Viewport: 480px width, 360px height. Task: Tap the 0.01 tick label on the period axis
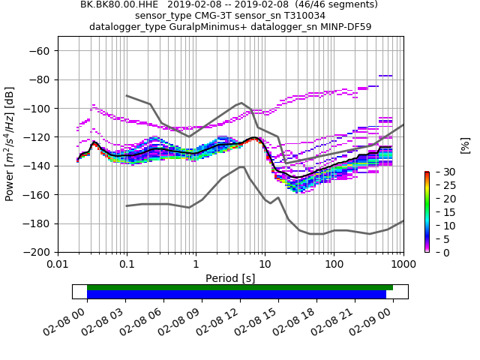click(x=58, y=265)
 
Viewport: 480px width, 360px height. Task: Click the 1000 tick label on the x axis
click(x=403, y=265)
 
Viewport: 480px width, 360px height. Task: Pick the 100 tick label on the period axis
click(x=334, y=265)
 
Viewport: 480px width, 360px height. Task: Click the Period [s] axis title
click(x=230, y=277)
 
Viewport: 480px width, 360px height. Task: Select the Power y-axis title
click(x=10, y=151)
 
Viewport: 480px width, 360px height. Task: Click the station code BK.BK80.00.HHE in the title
click(x=116, y=4)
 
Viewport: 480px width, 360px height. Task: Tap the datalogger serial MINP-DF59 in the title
click(x=344, y=27)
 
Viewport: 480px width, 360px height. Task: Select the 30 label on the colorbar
click(x=441, y=172)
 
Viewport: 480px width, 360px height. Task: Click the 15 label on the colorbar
click(x=441, y=212)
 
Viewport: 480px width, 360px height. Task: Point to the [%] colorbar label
click(x=465, y=145)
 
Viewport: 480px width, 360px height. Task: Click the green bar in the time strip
click(x=240, y=287)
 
